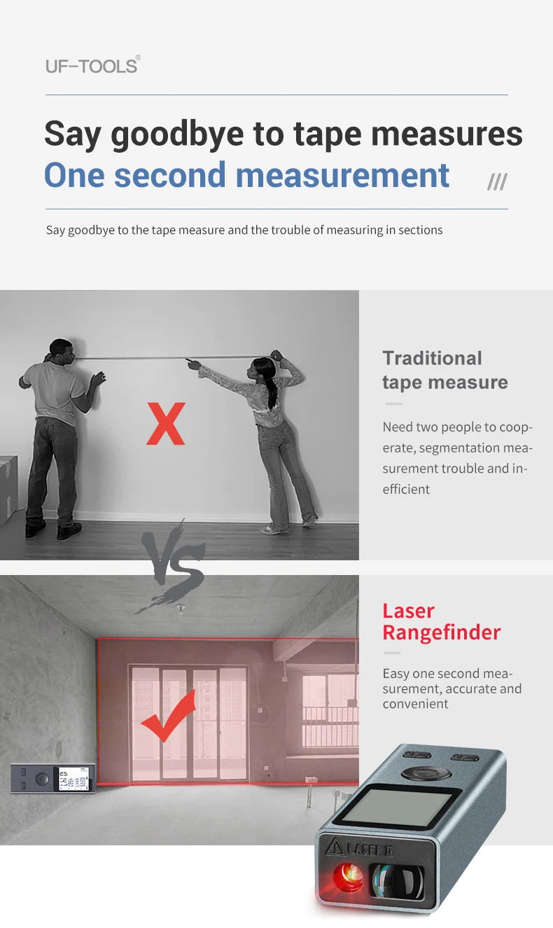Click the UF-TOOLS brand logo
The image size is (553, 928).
(92, 66)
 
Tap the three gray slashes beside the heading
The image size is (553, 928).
(497, 183)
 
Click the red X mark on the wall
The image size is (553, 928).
(166, 424)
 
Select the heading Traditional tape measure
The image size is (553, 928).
(444, 370)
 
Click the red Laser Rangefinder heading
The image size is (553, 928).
(441, 622)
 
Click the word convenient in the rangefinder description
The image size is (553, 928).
(415, 704)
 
